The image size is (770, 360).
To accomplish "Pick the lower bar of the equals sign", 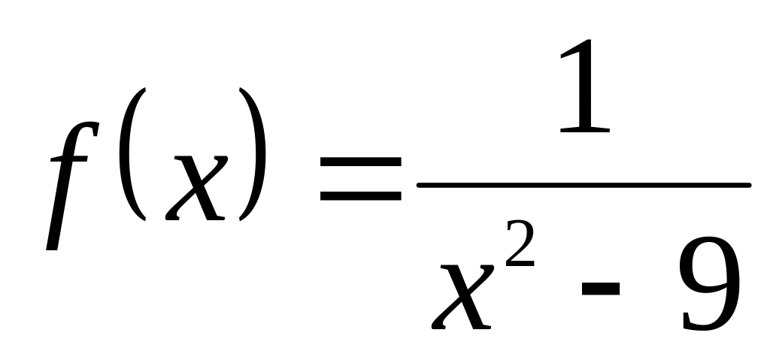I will [360, 199].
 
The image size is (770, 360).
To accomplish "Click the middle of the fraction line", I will [584, 185].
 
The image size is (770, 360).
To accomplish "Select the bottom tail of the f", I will [51, 244].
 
